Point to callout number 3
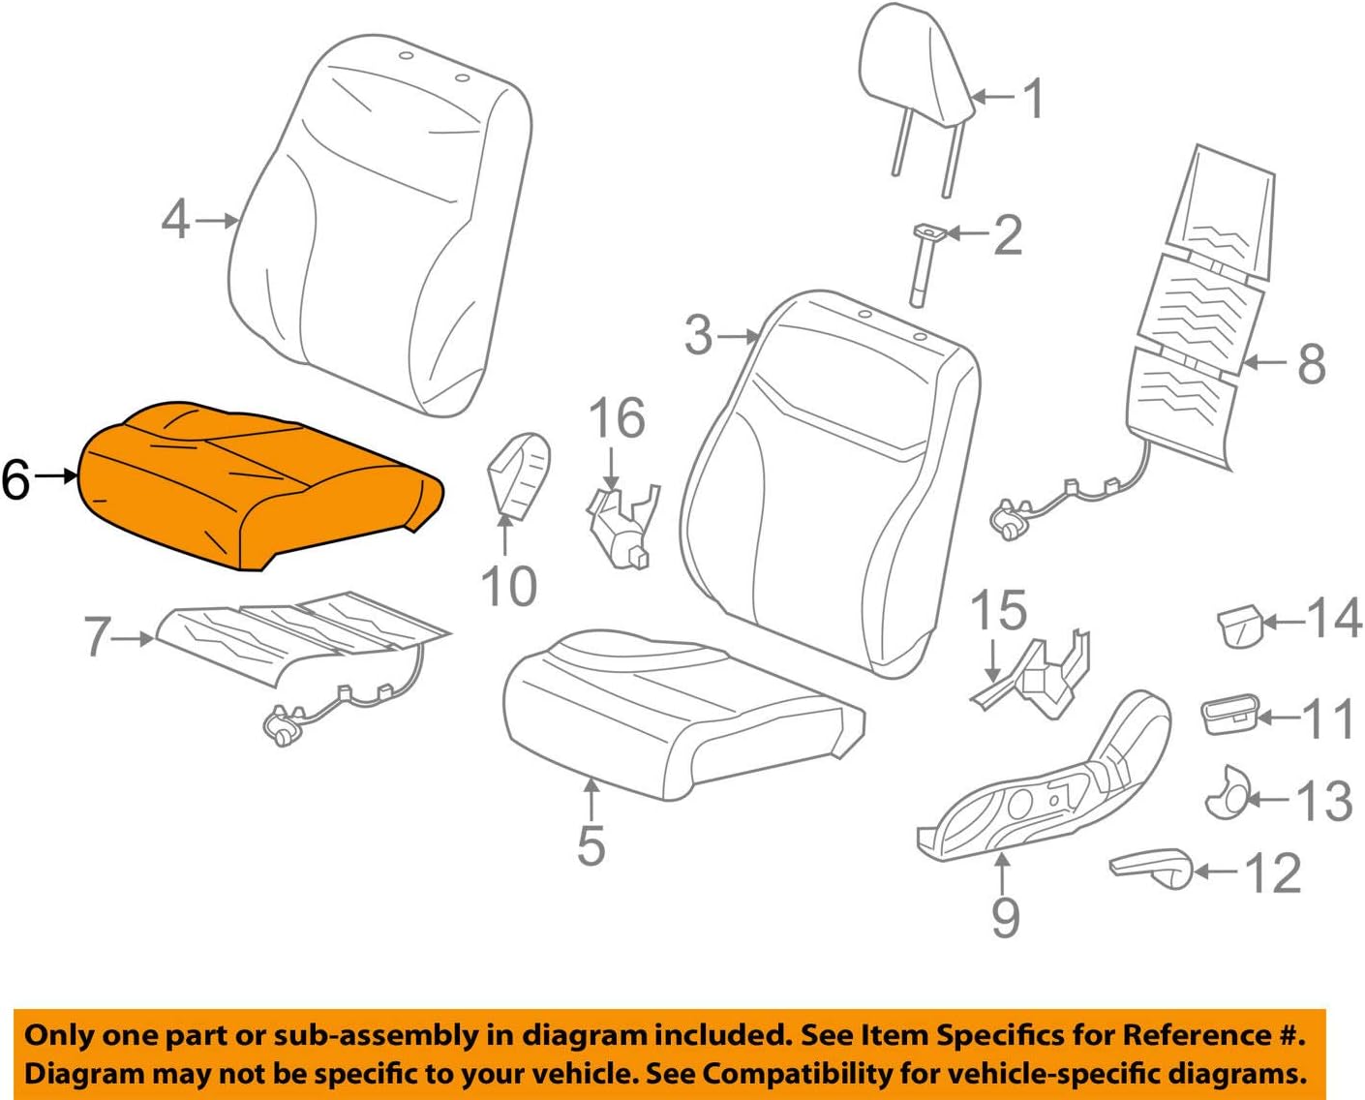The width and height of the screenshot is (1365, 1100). point(698,336)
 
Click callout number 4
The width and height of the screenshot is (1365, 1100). point(175,220)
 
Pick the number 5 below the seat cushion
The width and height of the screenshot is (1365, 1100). point(591,845)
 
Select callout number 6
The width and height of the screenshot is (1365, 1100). point(16,479)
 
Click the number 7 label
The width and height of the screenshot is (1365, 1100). point(98,637)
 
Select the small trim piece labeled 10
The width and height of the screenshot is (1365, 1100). point(518,474)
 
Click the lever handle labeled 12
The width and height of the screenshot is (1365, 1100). point(1152,867)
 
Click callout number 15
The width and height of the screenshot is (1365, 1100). point(998,610)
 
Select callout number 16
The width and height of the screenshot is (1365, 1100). point(617,418)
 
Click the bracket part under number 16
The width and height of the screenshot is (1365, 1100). point(622,528)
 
